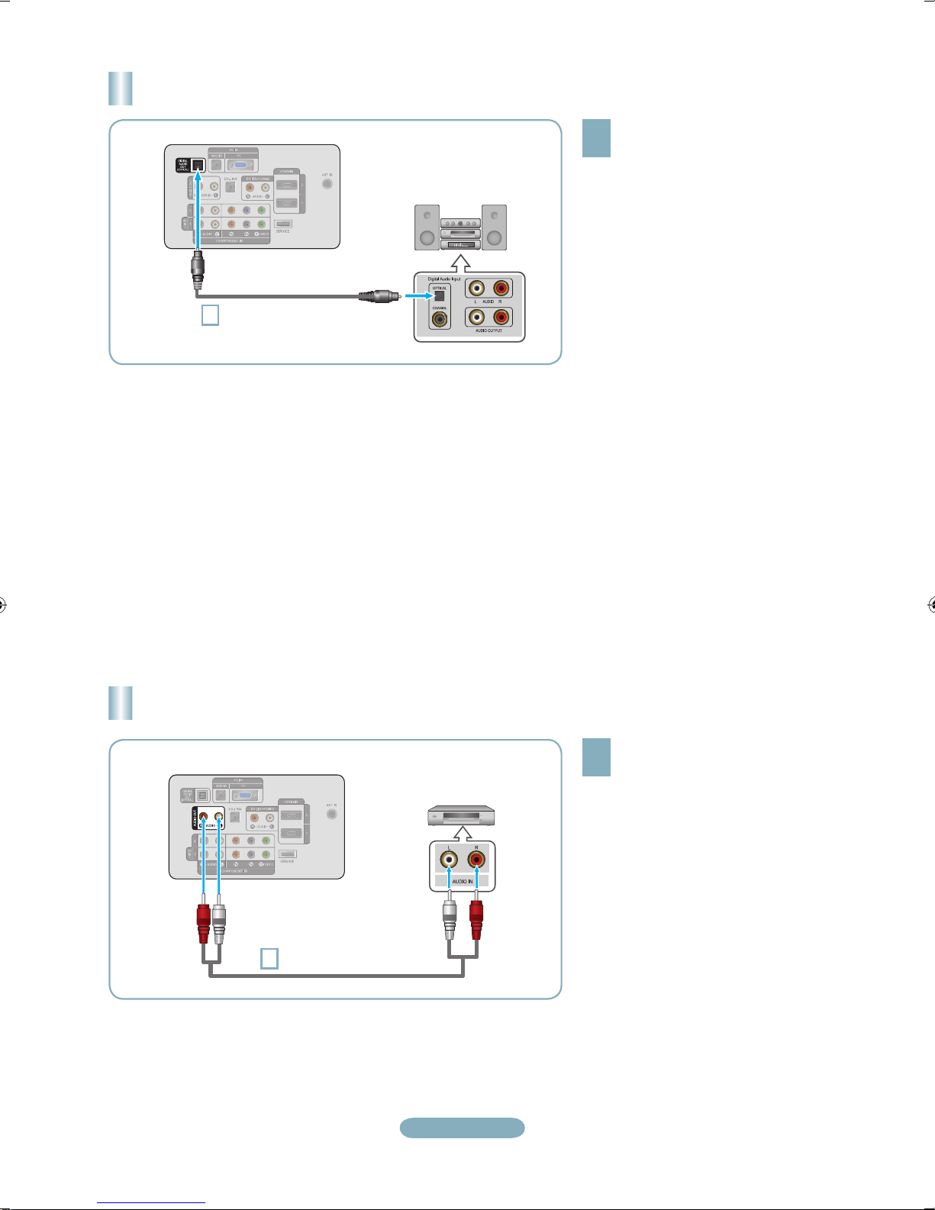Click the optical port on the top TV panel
click(x=198, y=166)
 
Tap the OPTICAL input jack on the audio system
click(x=440, y=296)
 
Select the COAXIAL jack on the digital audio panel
click(x=440, y=319)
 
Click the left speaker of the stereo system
click(x=427, y=227)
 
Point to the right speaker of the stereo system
click(x=494, y=227)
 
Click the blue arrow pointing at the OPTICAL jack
click(x=418, y=295)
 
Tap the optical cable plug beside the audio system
click(x=375, y=295)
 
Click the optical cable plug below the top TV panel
click(x=198, y=268)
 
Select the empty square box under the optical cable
click(x=210, y=315)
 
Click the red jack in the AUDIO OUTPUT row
click(x=501, y=316)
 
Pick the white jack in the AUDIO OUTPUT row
click(x=476, y=316)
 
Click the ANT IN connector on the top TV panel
click(x=327, y=183)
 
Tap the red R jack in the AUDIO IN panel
click(x=476, y=860)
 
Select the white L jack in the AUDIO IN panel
click(x=449, y=860)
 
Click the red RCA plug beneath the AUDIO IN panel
click(x=476, y=921)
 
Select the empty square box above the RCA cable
click(x=269, y=958)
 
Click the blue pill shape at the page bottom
click(x=463, y=1128)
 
